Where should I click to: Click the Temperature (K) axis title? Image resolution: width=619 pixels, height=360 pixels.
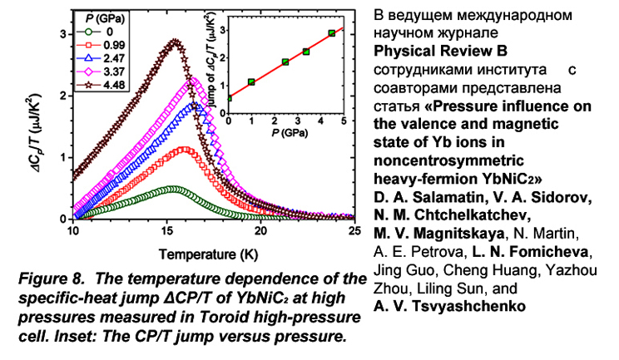coord(213,251)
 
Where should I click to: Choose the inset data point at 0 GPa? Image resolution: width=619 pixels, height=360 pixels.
coord(229,97)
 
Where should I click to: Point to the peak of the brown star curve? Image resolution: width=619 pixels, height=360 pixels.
coord(175,40)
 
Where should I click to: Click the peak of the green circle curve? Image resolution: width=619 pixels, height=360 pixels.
coord(171,189)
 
